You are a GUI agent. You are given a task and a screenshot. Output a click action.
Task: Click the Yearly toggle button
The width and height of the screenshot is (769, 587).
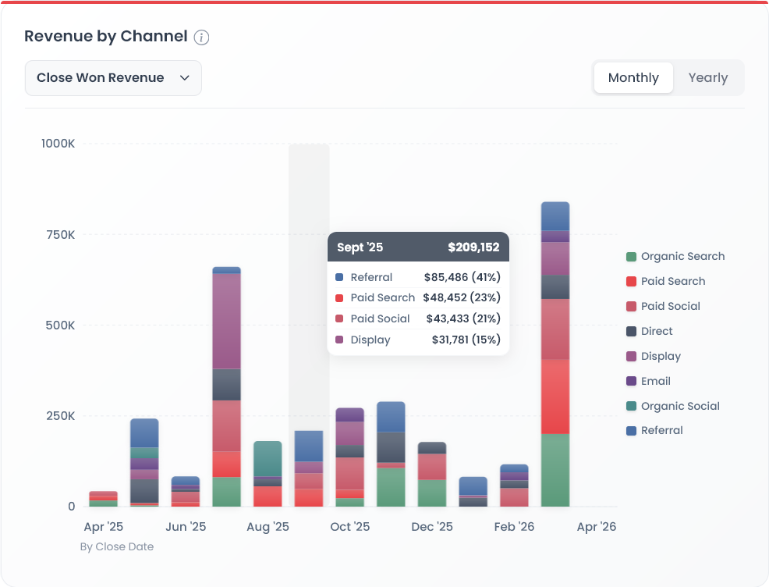pos(707,78)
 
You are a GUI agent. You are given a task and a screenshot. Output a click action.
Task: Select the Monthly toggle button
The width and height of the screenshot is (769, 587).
pos(633,78)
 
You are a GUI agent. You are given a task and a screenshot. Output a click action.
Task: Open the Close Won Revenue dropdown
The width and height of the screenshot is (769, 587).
pos(113,78)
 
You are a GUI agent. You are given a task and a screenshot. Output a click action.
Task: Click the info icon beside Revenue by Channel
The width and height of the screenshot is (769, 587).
pos(201,37)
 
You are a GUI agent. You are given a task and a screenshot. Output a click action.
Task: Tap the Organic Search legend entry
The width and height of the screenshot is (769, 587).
pos(675,257)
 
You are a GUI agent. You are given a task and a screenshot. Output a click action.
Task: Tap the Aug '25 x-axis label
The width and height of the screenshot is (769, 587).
pos(268,527)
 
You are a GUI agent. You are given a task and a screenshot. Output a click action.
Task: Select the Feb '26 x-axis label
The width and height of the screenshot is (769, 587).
pos(514,527)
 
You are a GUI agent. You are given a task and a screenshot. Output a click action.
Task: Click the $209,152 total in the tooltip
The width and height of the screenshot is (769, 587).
pos(473,247)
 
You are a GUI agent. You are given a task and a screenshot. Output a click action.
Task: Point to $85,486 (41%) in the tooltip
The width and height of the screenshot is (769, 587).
pos(462,277)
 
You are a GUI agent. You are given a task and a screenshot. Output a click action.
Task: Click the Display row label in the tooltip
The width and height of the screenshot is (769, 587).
pos(370,340)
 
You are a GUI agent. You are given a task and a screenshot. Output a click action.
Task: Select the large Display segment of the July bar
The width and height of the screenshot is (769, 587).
pos(226,320)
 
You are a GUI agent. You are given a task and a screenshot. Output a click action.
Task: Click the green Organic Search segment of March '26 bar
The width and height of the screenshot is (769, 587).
pos(555,470)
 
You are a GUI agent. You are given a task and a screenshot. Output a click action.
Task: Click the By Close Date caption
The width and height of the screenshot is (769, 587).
pos(117,547)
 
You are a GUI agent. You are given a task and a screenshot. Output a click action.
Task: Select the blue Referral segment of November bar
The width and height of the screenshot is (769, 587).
pos(391,417)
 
